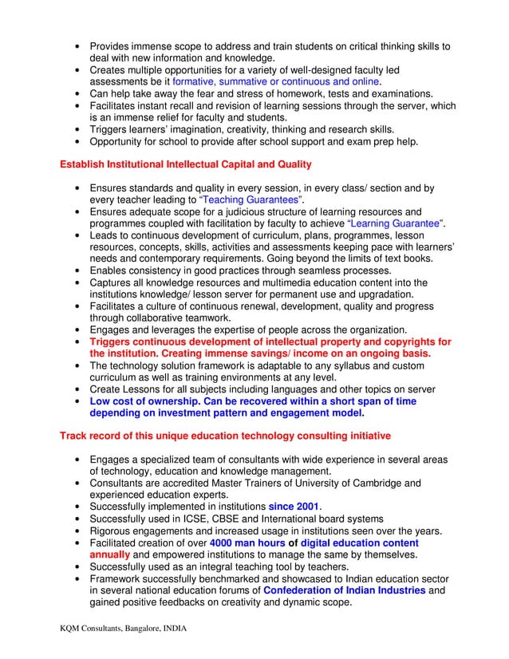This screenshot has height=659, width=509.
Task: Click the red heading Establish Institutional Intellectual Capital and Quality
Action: (185, 164)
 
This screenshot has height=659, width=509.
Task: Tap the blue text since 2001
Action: (294, 507)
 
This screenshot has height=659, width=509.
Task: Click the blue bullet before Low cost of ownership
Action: (76, 402)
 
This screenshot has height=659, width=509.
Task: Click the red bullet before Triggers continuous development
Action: (76, 341)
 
